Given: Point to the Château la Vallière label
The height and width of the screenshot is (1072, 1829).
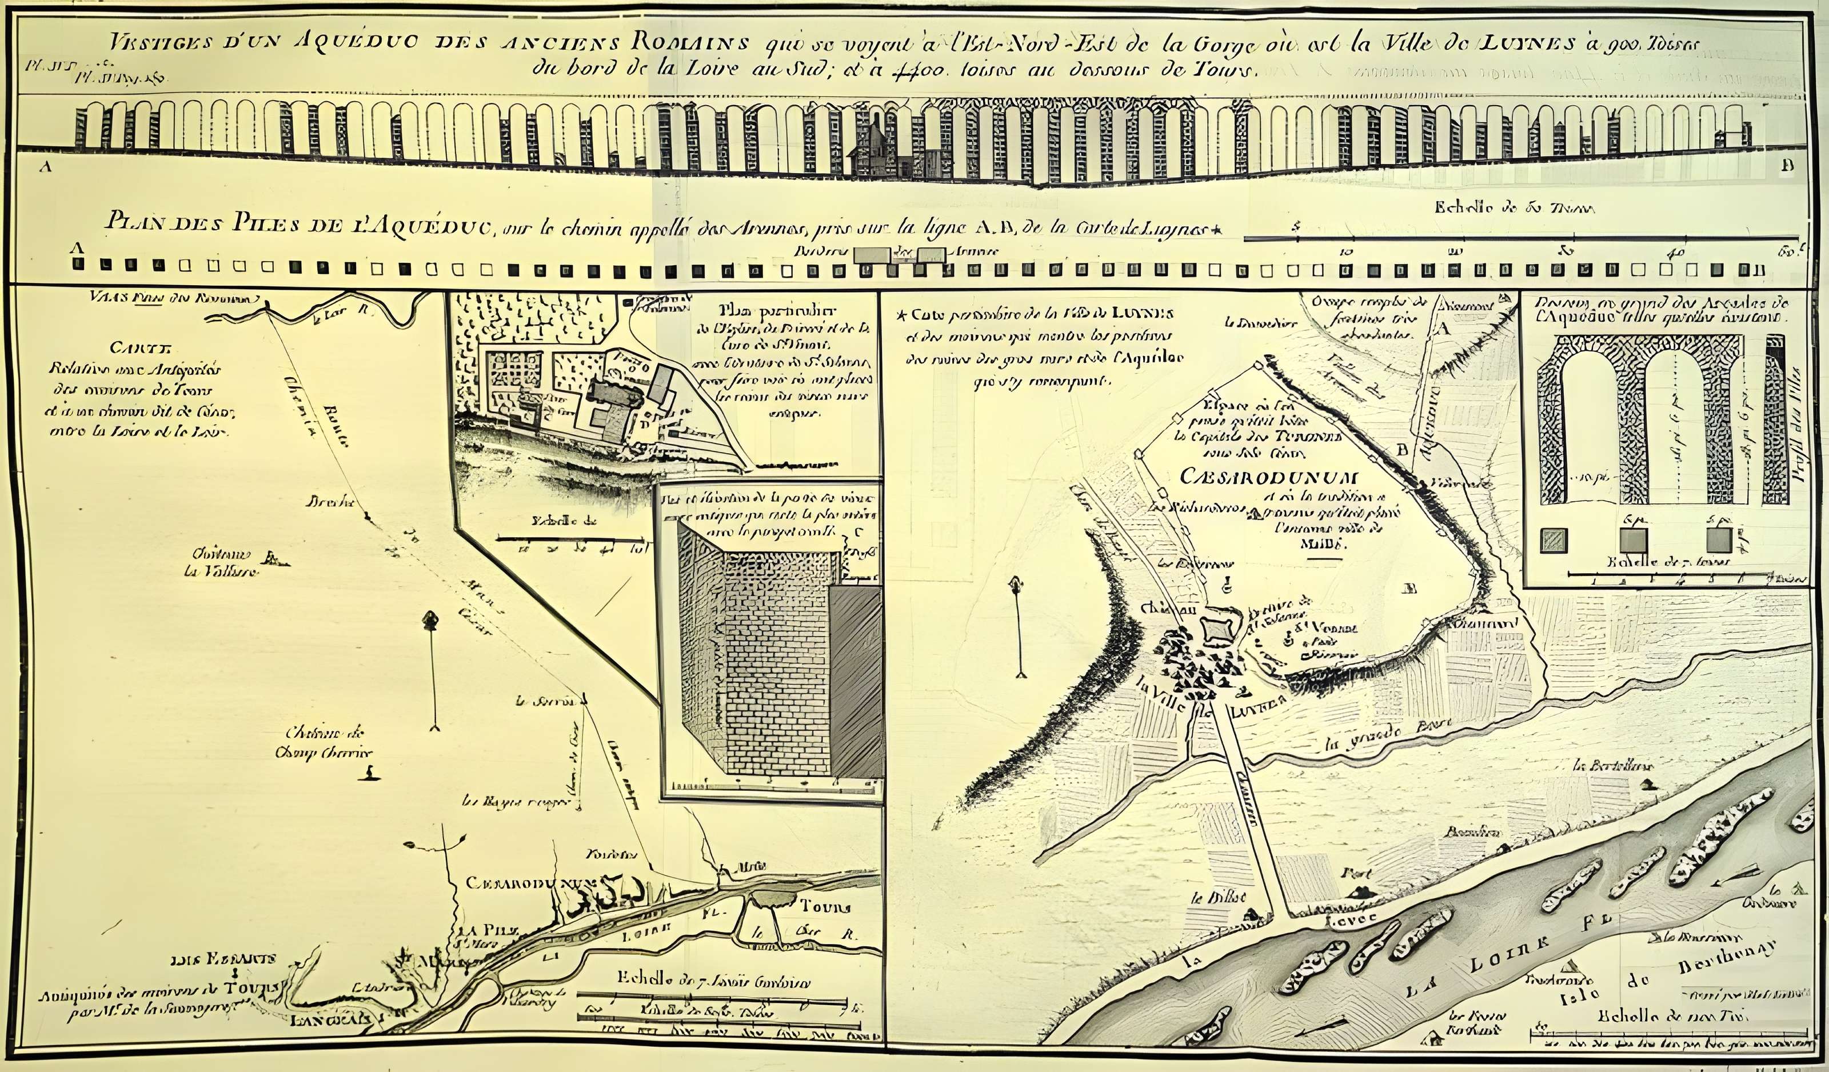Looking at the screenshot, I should pyautogui.click(x=218, y=562).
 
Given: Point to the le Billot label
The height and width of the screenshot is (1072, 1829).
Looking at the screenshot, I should pyautogui.click(x=1208, y=898).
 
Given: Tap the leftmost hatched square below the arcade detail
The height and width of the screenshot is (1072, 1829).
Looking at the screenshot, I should pyautogui.click(x=1554, y=540).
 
